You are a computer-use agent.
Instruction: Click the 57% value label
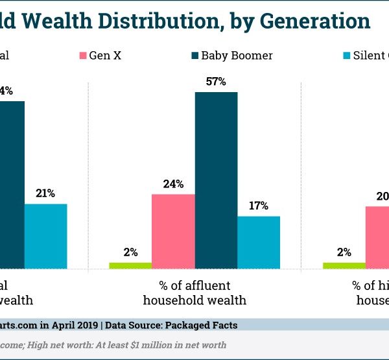click(x=216, y=82)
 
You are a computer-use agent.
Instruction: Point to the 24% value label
click(x=173, y=184)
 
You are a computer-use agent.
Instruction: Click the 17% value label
click(x=259, y=206)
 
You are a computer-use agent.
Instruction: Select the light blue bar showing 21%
click(x=46, y=236)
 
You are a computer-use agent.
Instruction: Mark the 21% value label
click(x=46, y=193)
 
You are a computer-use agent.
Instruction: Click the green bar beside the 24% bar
click(x=130, y=265)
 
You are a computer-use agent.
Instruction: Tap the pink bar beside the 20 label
click(x=377, y=237)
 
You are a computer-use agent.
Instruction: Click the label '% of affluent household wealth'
click(x=194, y=293)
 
